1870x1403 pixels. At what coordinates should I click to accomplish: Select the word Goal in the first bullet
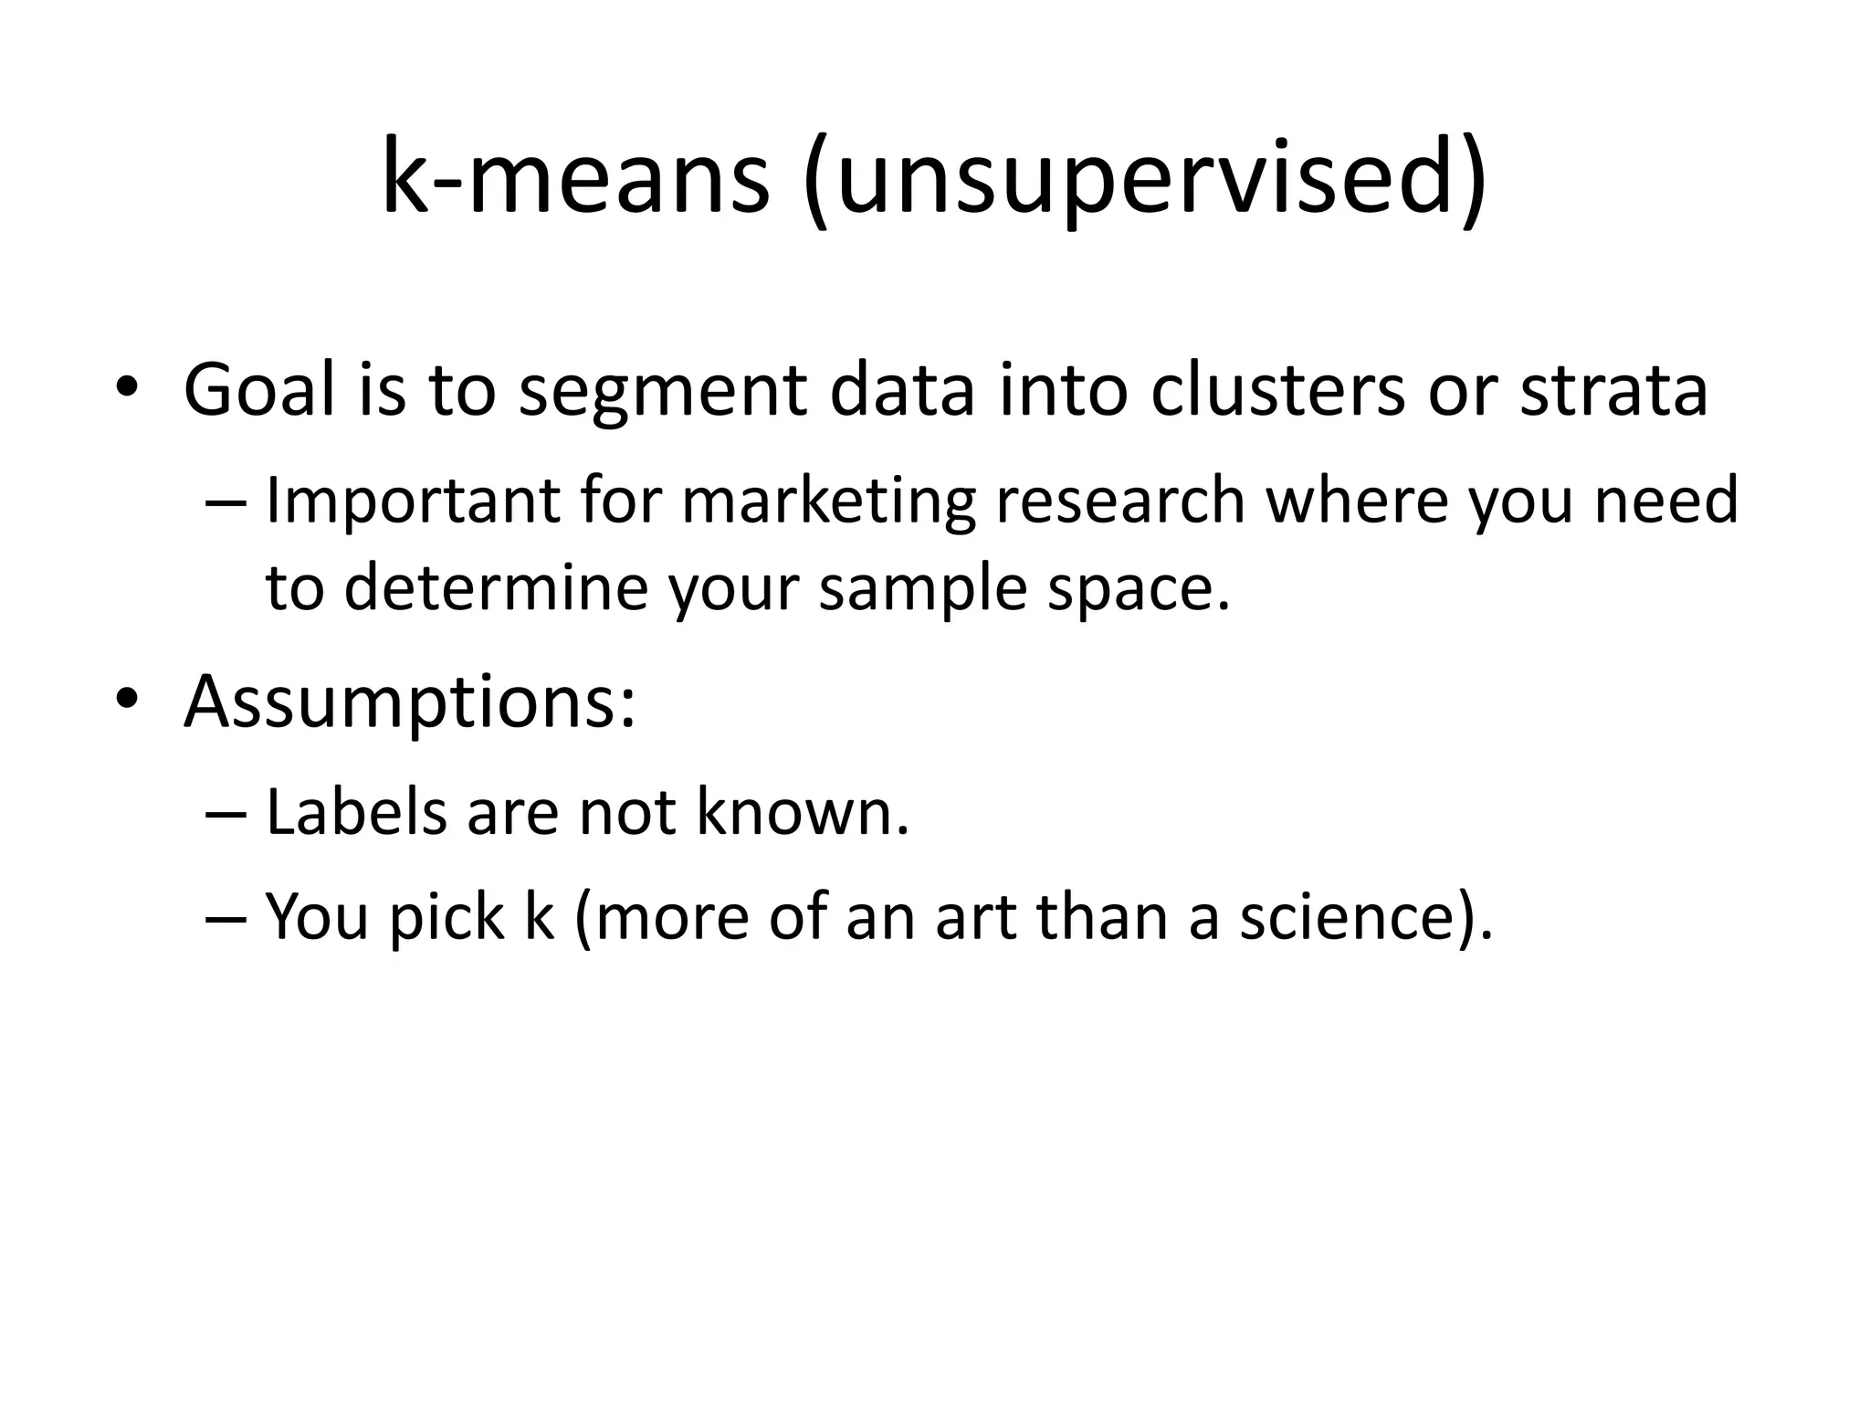[x=260, y=390]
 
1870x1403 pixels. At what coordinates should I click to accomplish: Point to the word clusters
[x=1276, y=390]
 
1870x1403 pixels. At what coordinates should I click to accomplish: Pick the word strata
[x=1613, y=390]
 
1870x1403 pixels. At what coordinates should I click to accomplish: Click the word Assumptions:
[x=410, y=703]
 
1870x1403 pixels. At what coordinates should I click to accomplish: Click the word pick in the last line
[x=446, y=917]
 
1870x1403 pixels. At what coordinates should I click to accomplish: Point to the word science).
[x=1366, y=917]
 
